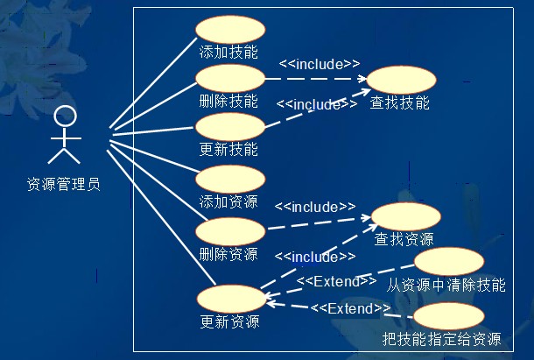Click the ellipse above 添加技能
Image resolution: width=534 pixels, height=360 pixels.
click(229, 29)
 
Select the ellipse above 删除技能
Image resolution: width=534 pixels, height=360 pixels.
click(229, 78)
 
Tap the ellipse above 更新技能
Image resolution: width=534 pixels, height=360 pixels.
click(229, 126)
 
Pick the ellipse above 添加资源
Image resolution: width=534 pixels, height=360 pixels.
click(229, 179)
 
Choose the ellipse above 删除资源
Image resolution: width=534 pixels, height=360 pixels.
click(229, 232)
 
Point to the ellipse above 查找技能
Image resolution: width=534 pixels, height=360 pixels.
click(400, 80)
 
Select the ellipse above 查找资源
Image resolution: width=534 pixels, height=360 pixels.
click(405, 216)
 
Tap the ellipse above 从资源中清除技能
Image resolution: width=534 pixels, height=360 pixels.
click(448, 261)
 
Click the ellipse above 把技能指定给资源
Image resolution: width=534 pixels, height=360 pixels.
click(447, 317)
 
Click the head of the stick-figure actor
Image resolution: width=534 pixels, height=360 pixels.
click(63, 116)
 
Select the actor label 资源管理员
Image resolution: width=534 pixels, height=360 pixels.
click(63, 185)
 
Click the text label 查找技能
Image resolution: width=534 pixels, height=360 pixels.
click(400, 103)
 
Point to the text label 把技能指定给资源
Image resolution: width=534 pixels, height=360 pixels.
click(442, 340)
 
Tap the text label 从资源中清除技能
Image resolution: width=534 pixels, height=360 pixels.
click(446, 286)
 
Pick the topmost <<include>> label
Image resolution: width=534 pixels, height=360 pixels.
click(320, 64)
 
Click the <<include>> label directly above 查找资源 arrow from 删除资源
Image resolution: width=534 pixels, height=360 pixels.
click(315, 207)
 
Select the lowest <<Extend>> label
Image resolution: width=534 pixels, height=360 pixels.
click(350, 307)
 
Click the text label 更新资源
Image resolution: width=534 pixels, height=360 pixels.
click(229, 321)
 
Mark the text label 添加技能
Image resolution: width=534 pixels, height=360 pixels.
click(229, 52)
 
